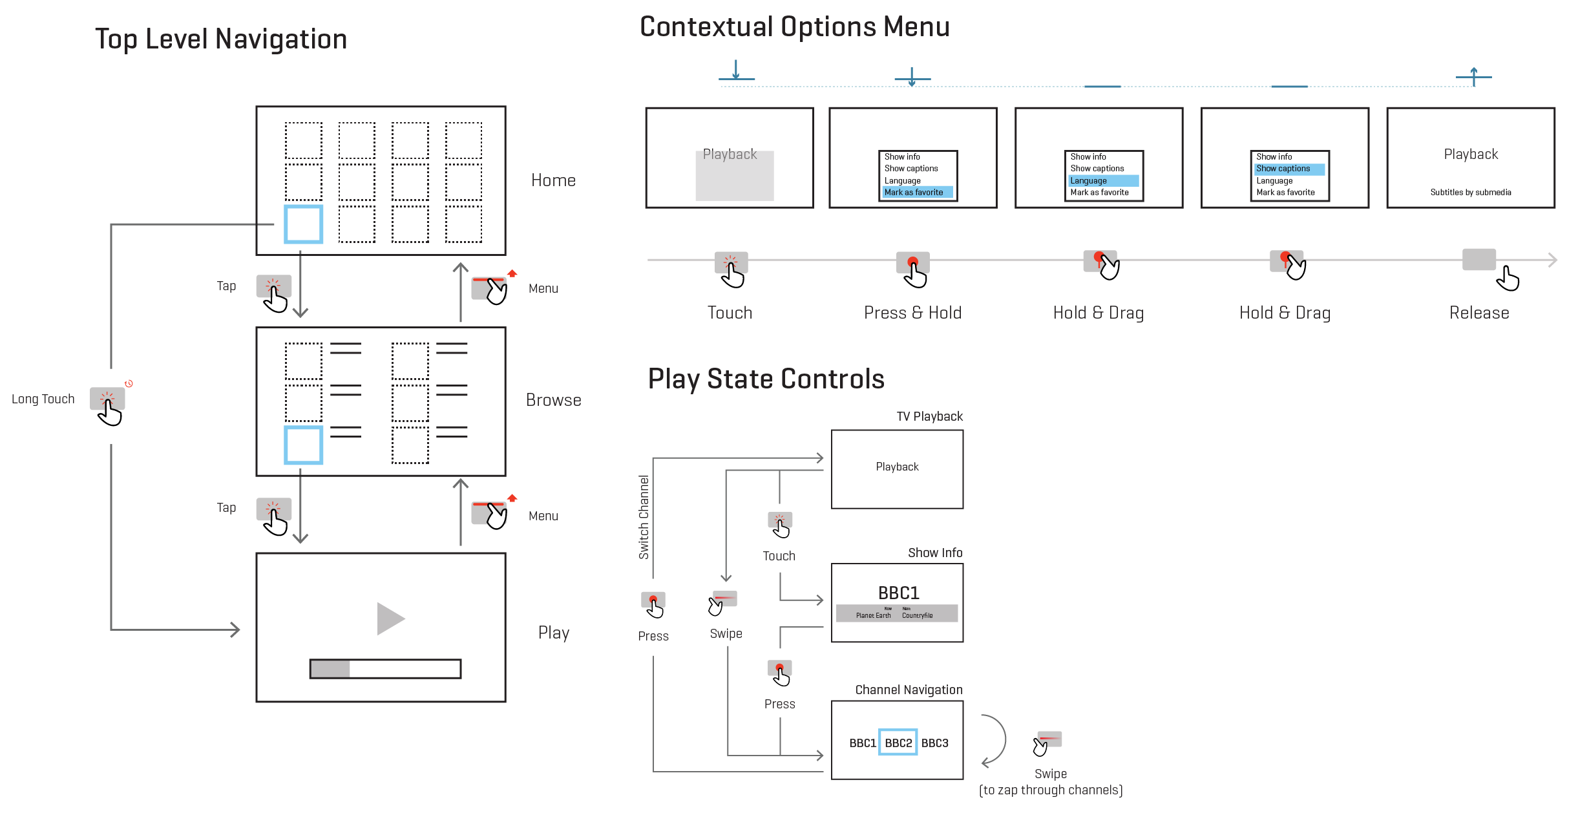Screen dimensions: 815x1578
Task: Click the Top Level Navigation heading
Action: click(221, 39)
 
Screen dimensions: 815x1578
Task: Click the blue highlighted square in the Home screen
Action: click(303, 224)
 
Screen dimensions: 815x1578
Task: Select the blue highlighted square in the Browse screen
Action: click(303, 445)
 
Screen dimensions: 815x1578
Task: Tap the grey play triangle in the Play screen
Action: click(389, 619)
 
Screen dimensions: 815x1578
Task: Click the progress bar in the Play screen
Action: click(385, 668)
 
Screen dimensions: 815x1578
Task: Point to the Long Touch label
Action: click(43, 399)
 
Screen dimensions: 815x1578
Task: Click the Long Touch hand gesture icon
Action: click(109, 407)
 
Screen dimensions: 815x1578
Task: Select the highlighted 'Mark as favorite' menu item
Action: click(917, 192)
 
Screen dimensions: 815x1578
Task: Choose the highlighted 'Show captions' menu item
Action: click(1289, 169)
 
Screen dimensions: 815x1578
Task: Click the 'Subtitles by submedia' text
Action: click(1470, 192)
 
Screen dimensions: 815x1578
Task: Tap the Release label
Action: click(1478, 313)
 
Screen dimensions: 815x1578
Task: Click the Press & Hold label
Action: click(912, 313)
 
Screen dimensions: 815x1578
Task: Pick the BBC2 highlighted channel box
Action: click(898, 743)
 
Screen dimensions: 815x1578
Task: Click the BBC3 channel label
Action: click(934, 743)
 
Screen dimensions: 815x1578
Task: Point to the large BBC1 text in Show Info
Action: click(898, 593)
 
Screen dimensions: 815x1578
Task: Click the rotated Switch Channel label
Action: click(644, 517)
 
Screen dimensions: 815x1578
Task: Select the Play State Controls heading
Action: click(766, 379)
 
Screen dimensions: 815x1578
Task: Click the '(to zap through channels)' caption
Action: click(1051, 790)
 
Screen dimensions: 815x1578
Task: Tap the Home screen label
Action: click(553, 180)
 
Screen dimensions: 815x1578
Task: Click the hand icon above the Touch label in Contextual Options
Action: click(731, 270)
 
